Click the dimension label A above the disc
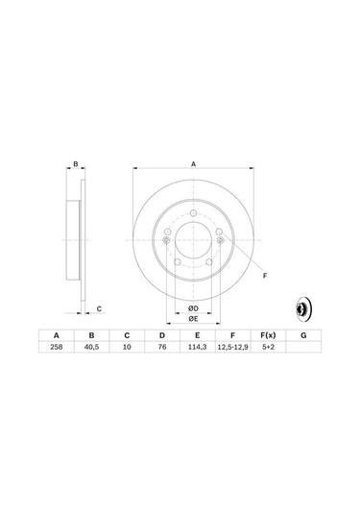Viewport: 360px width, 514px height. click(193, 165)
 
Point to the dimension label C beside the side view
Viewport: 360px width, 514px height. click(99, 308)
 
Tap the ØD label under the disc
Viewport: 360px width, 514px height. click(192, 307)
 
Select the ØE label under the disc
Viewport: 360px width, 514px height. click(192, 318)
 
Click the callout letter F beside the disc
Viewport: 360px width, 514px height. click(264, 276)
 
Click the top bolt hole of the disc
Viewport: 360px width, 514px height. click(192, 214)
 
